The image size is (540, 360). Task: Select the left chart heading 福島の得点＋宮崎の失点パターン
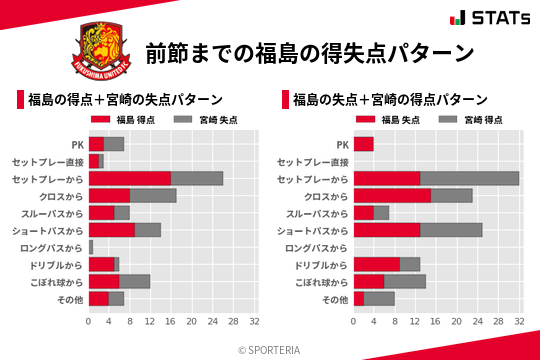124,100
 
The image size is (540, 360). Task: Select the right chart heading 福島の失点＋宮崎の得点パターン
390,100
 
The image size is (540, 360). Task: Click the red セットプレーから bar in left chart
129,178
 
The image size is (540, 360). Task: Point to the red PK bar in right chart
363,144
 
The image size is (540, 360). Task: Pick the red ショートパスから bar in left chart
111,230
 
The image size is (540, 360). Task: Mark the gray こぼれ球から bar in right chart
405,281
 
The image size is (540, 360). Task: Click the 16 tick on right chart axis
435,322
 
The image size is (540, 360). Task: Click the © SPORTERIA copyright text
270,349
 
